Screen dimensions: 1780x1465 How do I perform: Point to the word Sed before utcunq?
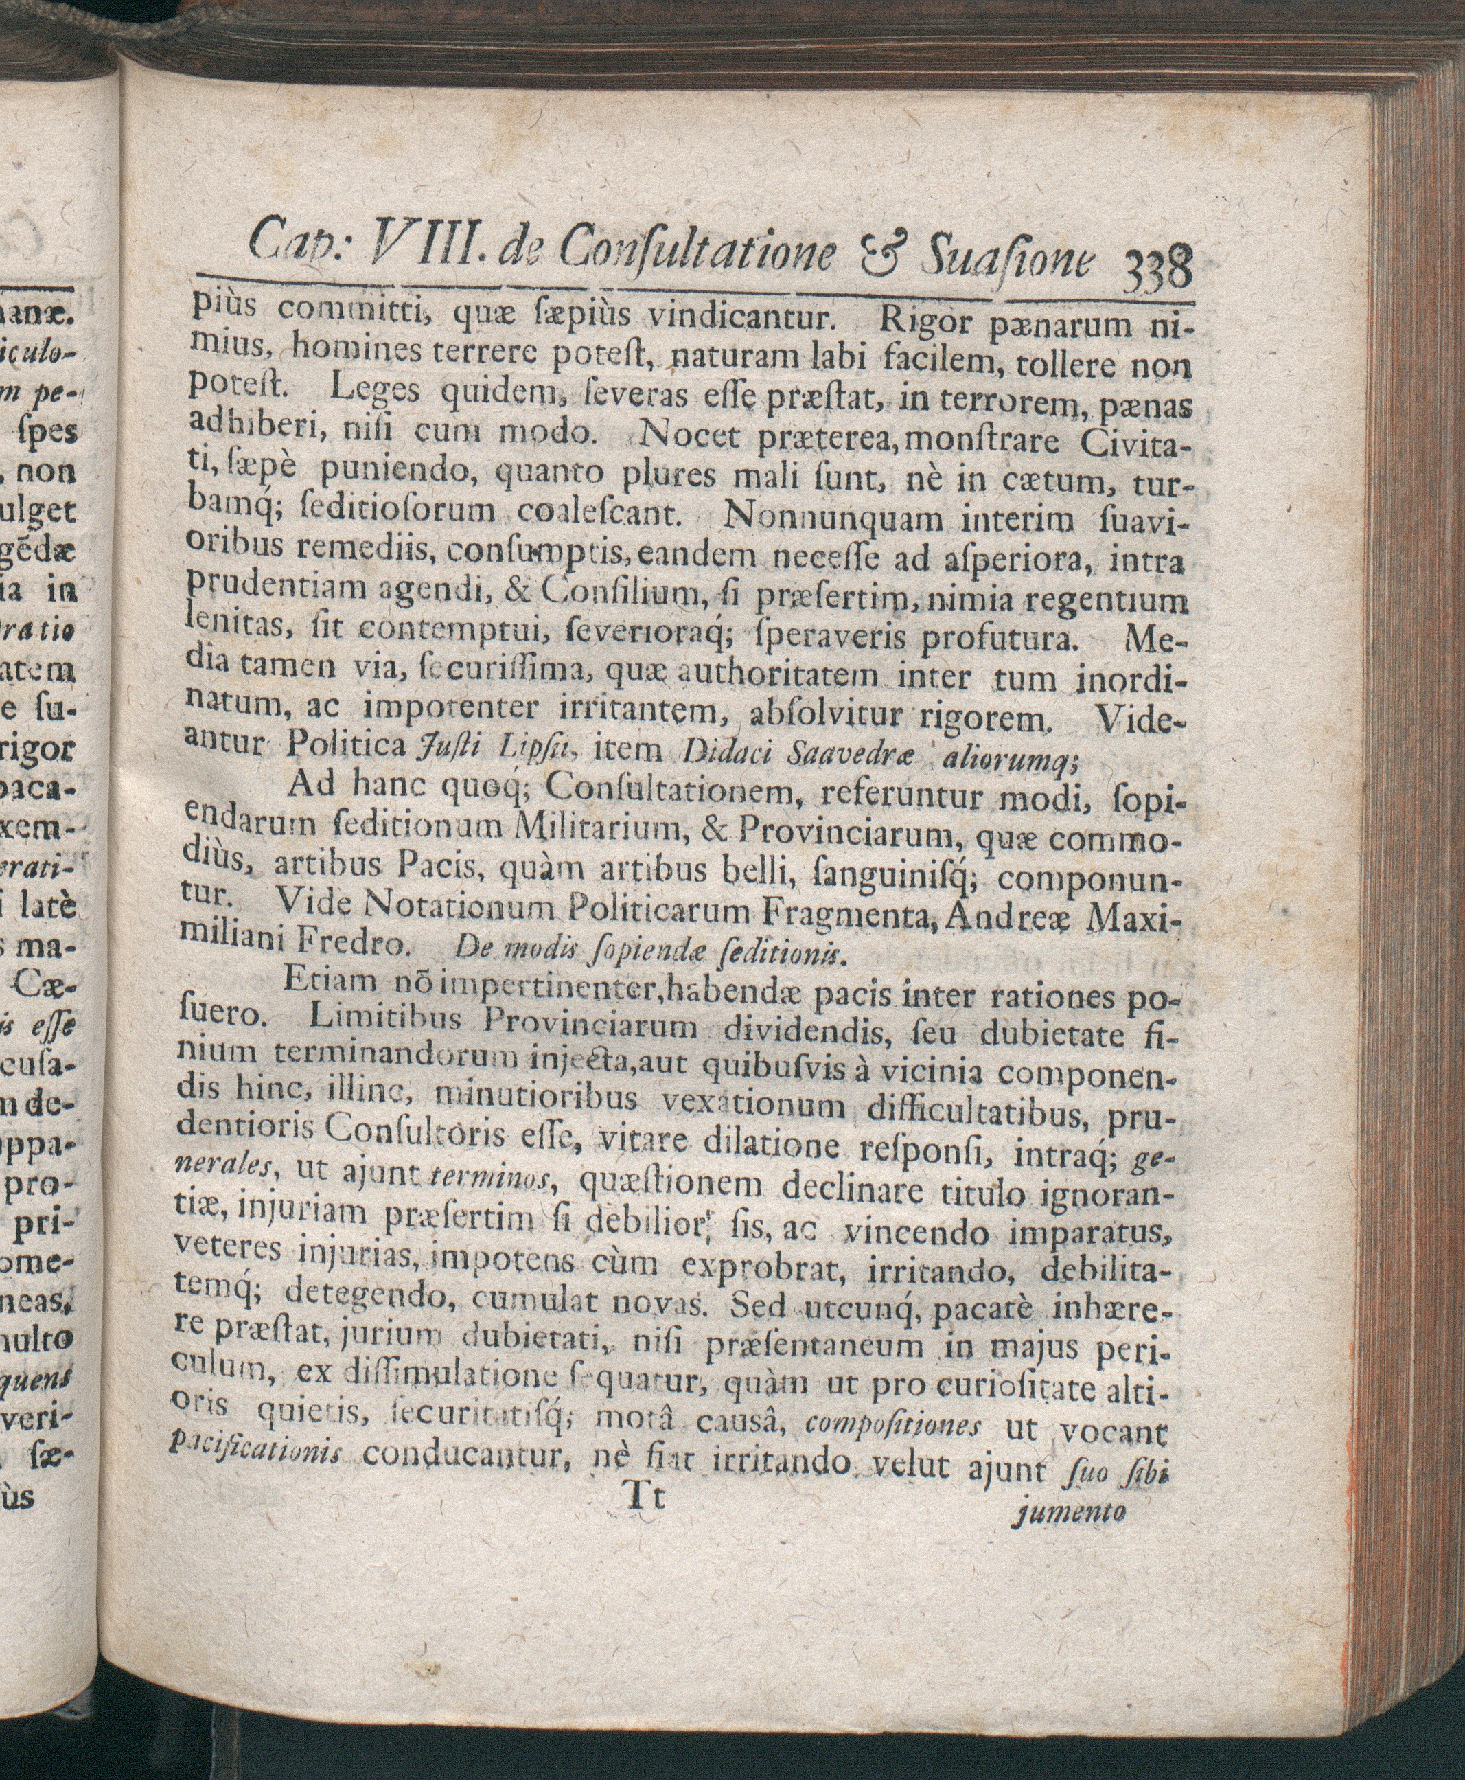(756, 1305)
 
